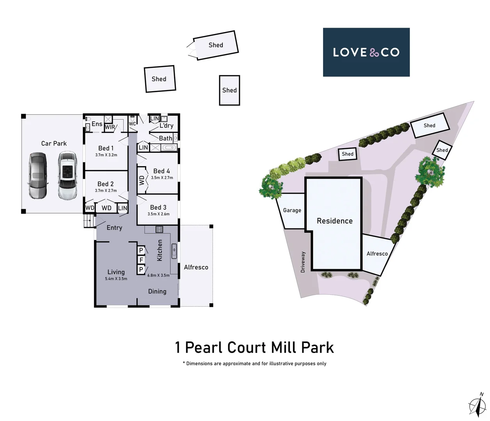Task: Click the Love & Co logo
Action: (x=366, y=52)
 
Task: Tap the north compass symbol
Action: (x=477, y=405)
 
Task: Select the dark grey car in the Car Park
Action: (x=37, y=175)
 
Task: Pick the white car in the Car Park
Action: (x=67, y=175)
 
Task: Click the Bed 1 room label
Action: (x=106, y=148)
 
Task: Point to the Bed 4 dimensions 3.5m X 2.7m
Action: (x=162, y=178)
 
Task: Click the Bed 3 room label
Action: (x=158, y=207)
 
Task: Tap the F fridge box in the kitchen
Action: (x=141, y=260)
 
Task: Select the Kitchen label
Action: (x=160, y=250)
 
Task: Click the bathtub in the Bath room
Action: (x=169, y=148)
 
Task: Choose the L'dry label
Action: (x=166, y=126)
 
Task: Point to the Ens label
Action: (x=97, y=124)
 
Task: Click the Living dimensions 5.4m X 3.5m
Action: (x=116, y=279)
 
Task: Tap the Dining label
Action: (x=157, y=291)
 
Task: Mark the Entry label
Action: (x=114, y=228)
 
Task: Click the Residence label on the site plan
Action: (x=334, y=221)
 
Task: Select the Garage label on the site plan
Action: (x=292, y=210)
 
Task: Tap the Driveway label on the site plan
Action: (x=303, y=262)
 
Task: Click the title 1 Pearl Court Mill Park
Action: (x=254, y=347)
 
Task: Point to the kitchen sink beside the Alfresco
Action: (x=174, y=251)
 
